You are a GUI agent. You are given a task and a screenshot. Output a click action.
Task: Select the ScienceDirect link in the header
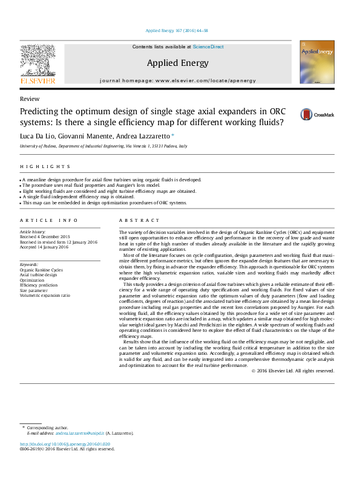coord(208,47)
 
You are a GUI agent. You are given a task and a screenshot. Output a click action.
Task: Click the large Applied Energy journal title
coord(177,63)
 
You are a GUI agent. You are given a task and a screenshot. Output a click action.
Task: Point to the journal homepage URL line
coord(177,80)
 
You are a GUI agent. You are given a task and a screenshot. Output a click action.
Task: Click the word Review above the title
coord(30,99)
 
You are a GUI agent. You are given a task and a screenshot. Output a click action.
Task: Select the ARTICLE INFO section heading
coord(49,221)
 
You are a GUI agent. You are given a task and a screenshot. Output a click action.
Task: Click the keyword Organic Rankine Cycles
coord(41,270)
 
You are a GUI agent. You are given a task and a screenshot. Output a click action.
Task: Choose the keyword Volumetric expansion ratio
coord(45,296)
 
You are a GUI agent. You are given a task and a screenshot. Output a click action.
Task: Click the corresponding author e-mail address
coord(79,433)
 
